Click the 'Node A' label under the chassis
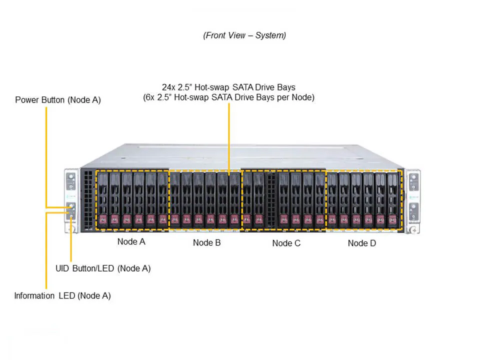131,241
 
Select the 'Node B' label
206,243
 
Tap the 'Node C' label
286,243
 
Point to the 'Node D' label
362,243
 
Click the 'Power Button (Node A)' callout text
58,100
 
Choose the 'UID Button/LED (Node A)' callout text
103,268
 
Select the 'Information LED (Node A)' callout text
62,295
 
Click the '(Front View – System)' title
244,35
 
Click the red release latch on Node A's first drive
102,218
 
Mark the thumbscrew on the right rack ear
413,230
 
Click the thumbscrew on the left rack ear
71,230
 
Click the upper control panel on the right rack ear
413,183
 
